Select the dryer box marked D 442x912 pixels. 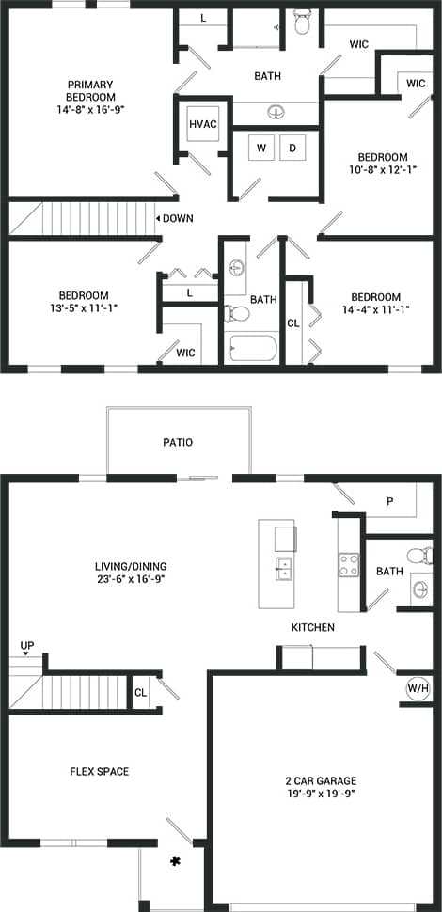(x=292, y=148)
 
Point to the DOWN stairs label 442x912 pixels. (x=177, y=218)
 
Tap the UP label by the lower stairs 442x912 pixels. (x=26, y=646)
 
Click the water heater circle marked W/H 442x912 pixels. (x=417, y=687)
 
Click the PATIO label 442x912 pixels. (x=178, y=442)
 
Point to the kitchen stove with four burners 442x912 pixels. (x=349, y=564)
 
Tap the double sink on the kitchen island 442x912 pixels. (x=283, y=568)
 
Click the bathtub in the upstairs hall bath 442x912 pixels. (x=251, y=349)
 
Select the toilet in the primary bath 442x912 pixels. (x=302, y=21)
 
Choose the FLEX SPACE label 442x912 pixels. (x=99, y=772)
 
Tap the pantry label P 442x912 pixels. (x=388, y=501)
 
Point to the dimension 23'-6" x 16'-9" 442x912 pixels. (x=131, y=580)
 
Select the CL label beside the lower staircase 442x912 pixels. (x=140, y=692)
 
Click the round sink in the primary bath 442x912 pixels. (x=276, y=112)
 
